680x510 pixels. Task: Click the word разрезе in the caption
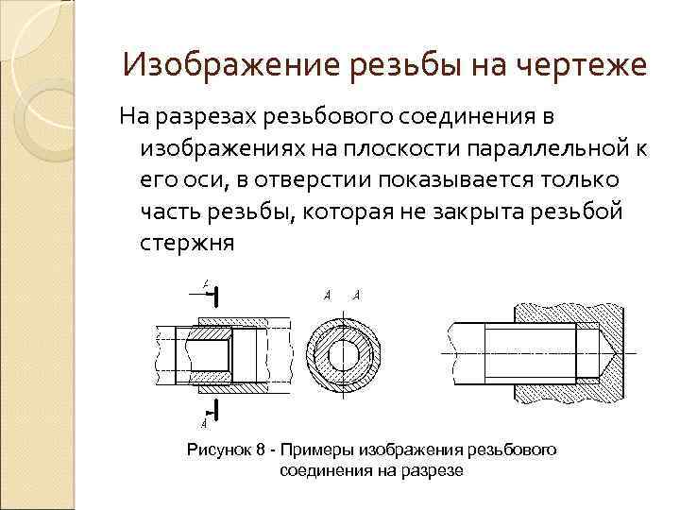(x=429, y=469)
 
